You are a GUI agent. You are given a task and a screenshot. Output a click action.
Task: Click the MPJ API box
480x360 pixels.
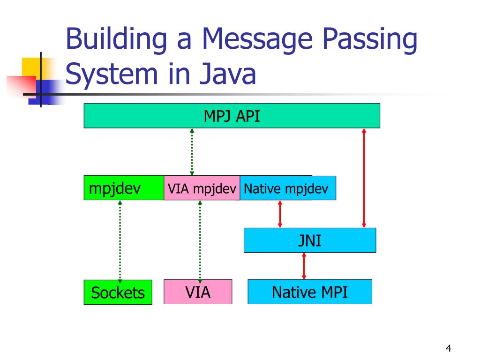coord(232,116)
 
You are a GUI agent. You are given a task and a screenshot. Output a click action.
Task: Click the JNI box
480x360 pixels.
coord(309,240)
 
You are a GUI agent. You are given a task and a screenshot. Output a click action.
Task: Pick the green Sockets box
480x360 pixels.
coord(118,292)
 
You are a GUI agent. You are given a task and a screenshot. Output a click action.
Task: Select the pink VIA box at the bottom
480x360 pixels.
coord(198,292)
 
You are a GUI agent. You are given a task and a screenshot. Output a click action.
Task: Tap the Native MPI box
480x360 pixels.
coord(309,292)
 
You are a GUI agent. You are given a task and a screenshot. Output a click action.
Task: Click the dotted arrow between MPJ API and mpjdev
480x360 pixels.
coord(192,152)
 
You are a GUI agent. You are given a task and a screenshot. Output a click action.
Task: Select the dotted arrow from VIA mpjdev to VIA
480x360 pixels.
coord(200,240)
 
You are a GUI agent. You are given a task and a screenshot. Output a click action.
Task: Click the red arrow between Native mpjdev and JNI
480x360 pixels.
coord(280,214)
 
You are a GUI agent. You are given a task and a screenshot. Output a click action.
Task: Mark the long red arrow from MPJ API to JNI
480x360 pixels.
coord(364,178)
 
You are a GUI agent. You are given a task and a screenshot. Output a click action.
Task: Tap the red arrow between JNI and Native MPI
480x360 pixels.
coord(304,266)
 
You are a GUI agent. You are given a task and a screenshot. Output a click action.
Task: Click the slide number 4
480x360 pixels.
coord(448,348)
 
